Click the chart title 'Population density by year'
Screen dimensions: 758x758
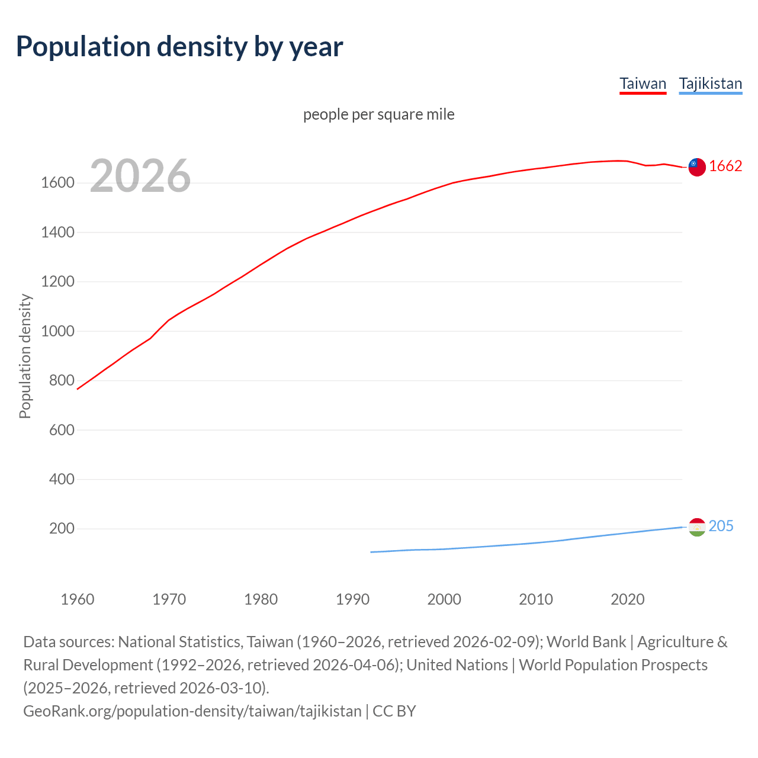[x=179, y=47]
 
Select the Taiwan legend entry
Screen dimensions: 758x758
[x=643, y=83]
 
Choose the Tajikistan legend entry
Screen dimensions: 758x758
[x=710, y=83]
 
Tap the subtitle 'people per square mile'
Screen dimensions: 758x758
[x=378, y=114]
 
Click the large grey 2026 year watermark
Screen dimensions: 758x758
[x=140, y=176]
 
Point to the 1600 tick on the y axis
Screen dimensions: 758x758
[x=57, y=183]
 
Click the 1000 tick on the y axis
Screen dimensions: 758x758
[x=57, y=331]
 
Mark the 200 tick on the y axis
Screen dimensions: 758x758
[x=62, y=528]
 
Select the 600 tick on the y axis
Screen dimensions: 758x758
[x=62, y=430]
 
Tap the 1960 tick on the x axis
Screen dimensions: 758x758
[x=78, y=599]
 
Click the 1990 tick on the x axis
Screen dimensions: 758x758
[x=352, y=599]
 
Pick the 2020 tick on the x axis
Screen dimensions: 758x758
[x=627, y=599]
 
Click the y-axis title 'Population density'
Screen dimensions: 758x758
[x=25, y=356]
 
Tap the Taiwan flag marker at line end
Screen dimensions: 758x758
[x=697, y=167]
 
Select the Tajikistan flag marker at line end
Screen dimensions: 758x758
[x=697, y=527]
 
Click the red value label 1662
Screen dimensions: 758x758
[x=725, y=166]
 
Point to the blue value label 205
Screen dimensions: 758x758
[x=721, y=526]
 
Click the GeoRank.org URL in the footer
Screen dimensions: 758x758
[x=192, y=711]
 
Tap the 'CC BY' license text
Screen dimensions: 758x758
[x=394, y=711]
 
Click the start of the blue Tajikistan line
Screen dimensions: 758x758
[x=371, y=552]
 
